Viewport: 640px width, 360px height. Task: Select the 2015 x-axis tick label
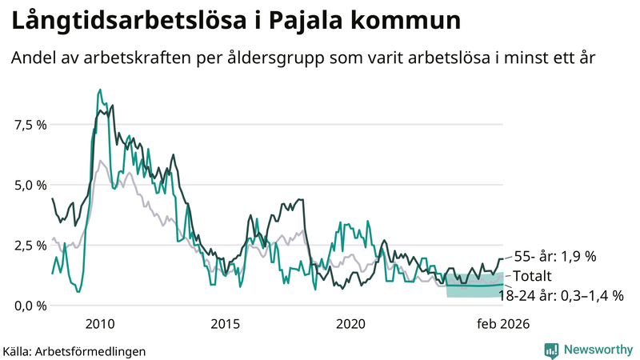[x=226, y=324]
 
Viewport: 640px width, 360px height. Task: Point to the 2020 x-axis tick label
[x=350, y=324]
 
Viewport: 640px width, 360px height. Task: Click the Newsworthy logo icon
[x=551, y=350]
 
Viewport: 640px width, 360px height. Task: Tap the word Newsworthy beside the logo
[x=597, y=350]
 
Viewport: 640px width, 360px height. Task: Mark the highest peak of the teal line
[x=99, y=90]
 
